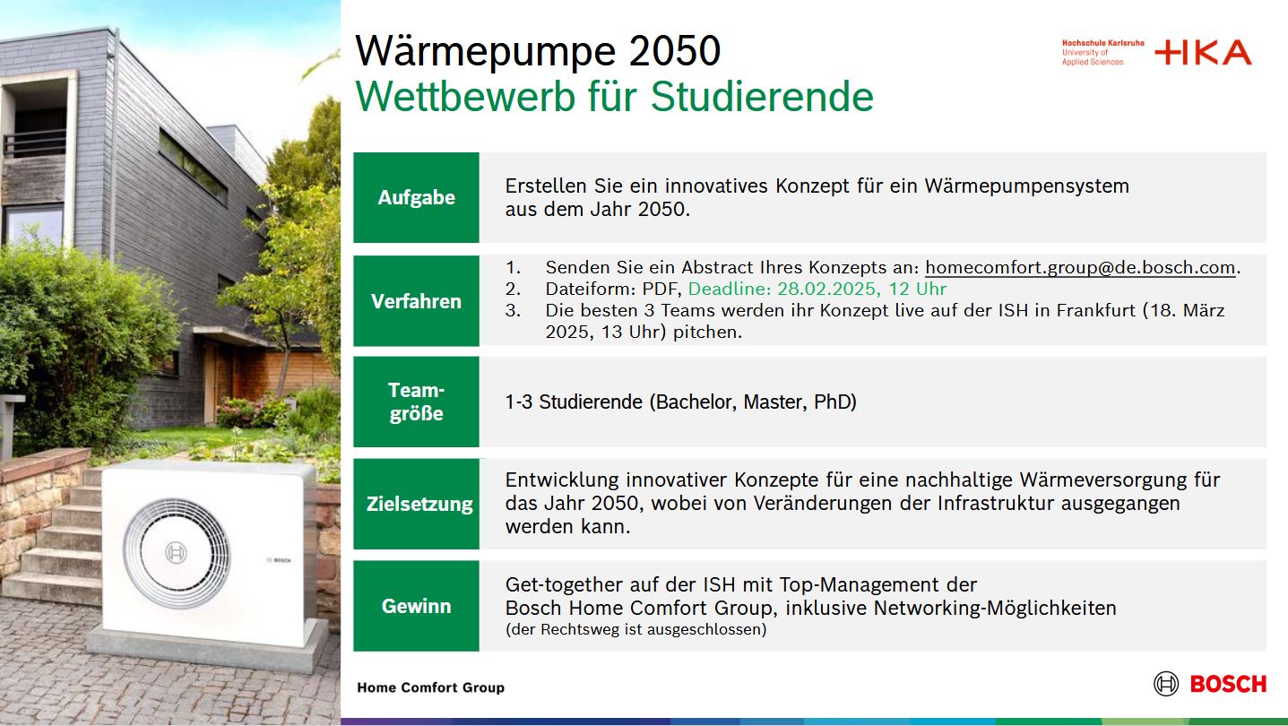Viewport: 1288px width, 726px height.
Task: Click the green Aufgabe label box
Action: pos(416,197)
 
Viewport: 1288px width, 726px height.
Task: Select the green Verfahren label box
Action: pos(416,300)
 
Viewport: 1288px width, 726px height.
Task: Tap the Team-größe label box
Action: pos(416,402)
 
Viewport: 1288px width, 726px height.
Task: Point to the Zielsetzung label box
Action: pos(416,504)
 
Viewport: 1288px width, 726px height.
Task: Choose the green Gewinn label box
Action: pos(416,606)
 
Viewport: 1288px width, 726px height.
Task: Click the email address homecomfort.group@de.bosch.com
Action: pos(1080,267)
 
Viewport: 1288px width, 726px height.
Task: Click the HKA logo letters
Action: pos(1203,52)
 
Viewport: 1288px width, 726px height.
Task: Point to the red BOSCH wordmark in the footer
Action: pos(1228,684)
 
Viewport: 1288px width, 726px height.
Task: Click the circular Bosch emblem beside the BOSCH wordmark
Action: pos(1166,684)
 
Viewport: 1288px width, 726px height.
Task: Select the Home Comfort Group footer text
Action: pos(430,687)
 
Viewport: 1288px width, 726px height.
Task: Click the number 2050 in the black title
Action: pos(675,50)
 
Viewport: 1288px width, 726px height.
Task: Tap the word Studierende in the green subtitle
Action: pos(762,97)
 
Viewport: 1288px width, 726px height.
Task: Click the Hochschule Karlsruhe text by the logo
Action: pos(1102,43)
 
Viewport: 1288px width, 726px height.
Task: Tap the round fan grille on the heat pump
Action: pos(176,552)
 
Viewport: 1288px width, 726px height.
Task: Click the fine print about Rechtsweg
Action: pos(636,629)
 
